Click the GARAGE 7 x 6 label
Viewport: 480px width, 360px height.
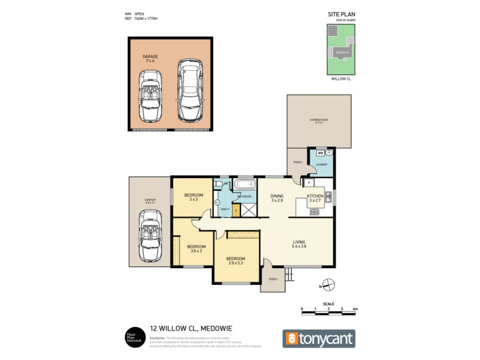point(150,58)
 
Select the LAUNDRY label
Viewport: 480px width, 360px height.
point(321,167)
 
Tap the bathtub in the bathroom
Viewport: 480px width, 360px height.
point(245,184)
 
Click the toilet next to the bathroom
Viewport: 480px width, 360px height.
point(220,185)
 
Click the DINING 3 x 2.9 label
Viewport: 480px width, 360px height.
point(277,197)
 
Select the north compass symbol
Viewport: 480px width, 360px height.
point(328,284)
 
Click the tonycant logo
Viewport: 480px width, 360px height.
point(319,338)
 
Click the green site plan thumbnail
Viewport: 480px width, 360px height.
point(340,49)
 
